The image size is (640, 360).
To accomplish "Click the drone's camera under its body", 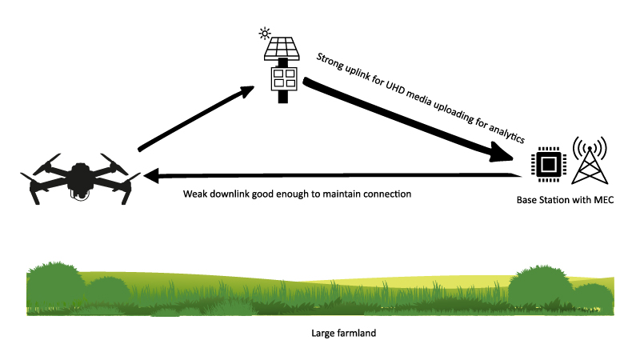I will click(79, 192).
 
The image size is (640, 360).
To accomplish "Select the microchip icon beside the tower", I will click(547, 163).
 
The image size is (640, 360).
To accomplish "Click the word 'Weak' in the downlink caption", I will click(196, 194).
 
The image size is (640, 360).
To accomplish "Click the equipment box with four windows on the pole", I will click(282, 78).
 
